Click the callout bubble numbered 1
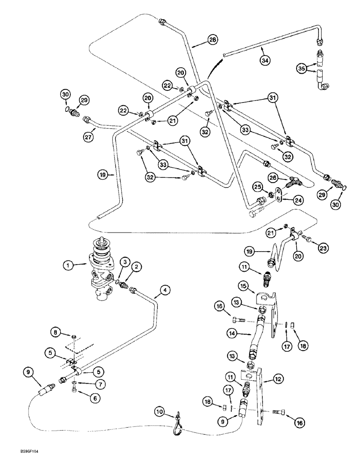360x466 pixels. tap(69, 267)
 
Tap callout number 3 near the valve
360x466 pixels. tap(124, 262)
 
